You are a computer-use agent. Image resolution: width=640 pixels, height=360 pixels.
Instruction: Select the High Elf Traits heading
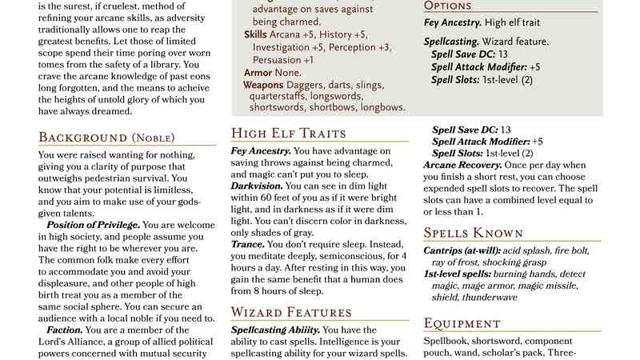click(288, 133)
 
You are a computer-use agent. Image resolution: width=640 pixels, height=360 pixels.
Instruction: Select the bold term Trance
click(246, 242)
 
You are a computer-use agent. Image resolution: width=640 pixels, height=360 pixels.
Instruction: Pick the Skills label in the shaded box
click(256, 34)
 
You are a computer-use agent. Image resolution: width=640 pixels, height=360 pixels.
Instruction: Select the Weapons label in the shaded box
click(263, 84)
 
